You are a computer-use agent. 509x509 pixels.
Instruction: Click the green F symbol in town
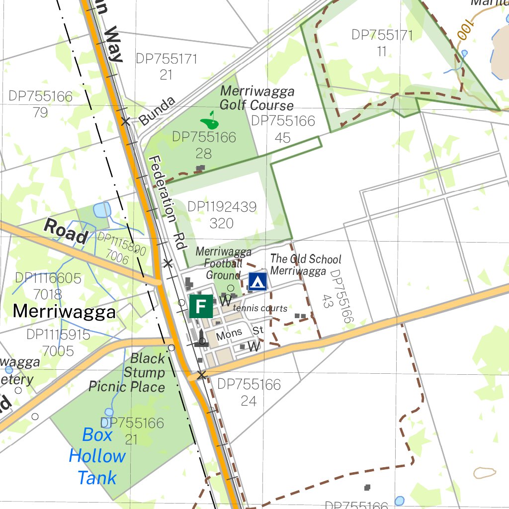[x=201, y=306]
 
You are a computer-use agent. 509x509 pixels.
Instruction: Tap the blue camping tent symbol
[x=257, y=281]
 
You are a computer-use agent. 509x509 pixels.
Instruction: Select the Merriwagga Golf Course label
[x=256, y=98]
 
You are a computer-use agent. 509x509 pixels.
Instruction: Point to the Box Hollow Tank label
[x=97, y=456]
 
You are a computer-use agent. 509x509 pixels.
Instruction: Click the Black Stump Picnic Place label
[x=127, y=372]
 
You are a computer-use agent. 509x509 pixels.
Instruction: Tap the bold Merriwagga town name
[x=64, y=312]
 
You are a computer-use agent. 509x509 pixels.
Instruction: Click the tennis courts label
[x=259, y=308]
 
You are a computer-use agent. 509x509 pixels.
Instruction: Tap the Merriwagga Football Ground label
[x=223, y=263]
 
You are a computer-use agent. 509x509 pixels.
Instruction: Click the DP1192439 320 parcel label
[x=222, y=215]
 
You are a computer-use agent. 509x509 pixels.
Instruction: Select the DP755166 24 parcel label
[x=249, y=392]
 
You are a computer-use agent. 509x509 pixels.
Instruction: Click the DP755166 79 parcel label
[x=40, y=104]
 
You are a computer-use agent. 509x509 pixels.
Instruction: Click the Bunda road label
[x=157, y=111]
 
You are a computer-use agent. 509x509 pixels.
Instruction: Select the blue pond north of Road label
[x=102, y=210]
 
